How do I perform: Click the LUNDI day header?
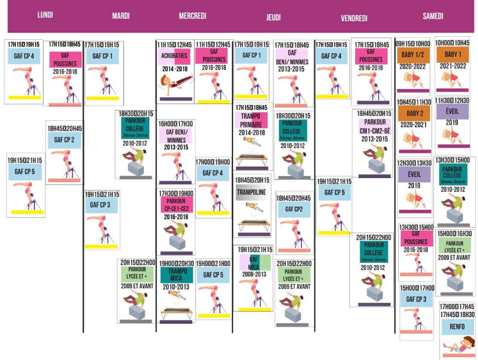pos(45,15)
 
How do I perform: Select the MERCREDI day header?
pos(192,16)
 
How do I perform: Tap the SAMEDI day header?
pos(433,16)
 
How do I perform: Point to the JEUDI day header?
pos(273,17)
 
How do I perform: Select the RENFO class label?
pos(457,327)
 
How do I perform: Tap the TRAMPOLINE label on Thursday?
pos(252,192)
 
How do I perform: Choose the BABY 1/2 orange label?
pos(413,55)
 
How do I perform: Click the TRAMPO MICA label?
pos(178,274)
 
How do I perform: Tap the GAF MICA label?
pos(254,262)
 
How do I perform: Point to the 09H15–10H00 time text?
pos(413,43)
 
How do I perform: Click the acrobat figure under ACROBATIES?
pos(176,83)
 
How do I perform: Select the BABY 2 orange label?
pos(413,114)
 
